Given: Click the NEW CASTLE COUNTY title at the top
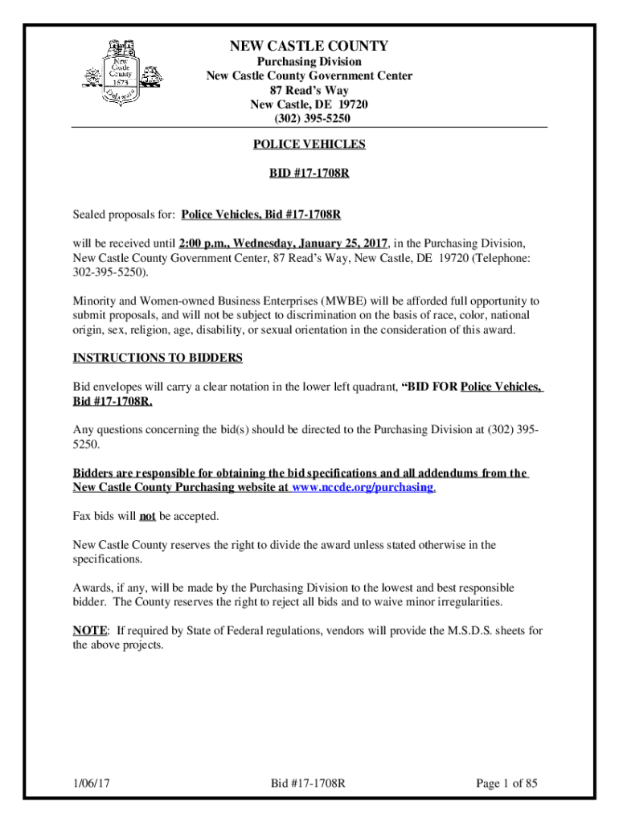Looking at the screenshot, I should [309, 47].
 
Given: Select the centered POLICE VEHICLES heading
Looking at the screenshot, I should [309, 145].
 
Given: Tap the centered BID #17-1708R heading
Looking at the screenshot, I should [309, 173].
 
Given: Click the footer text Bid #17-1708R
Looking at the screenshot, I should [309, 782].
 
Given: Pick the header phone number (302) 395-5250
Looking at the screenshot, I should [309, 119].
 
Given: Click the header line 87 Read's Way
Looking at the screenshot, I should [309, 91].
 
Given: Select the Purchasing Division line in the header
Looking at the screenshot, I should [309, 62].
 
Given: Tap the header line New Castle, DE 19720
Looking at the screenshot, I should [309, 104].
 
